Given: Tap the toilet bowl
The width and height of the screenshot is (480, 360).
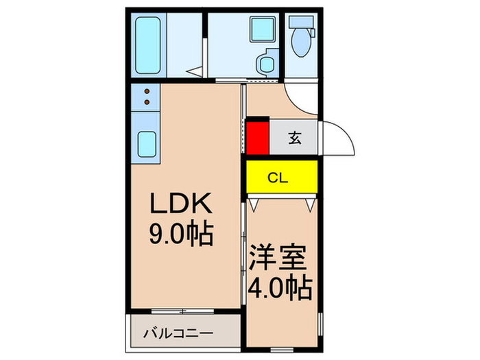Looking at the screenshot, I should (x=301, y=45).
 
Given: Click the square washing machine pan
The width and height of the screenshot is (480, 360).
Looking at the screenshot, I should (x=260, y=32).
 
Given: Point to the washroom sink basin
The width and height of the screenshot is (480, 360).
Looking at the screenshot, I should (x=265, y=64).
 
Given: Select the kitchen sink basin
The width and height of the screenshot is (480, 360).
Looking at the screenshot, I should (x=146, y=143).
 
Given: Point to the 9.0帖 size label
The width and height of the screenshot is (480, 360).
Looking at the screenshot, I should (x=182, y=235).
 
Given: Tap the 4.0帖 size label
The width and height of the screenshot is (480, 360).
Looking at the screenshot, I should (x=281, y=287).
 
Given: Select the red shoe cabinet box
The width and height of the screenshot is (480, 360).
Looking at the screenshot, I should (x=258, y=137).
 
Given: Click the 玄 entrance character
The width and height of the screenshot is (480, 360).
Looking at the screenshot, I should (x=294, y=138).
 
